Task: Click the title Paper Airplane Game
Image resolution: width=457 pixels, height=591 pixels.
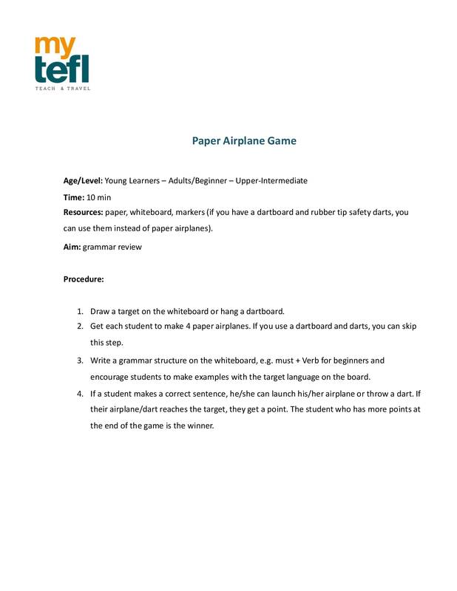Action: (x=244, y=140)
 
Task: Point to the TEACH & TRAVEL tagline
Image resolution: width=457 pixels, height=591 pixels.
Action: (x=62, y=89)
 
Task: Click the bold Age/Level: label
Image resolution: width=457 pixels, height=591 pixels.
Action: (x=82, y=180)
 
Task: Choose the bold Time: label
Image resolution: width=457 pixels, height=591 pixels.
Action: (x=73, y=197)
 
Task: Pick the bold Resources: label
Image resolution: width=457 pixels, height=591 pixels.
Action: (x=84, y=213)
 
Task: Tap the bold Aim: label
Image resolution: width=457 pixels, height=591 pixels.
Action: (x=72, y=247)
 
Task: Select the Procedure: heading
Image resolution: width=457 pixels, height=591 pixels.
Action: (x=84, y=280)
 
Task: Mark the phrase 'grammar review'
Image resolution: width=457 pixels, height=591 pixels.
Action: (x=112, y=247)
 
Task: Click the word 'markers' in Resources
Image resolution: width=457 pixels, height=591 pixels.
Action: (x=188, y=213)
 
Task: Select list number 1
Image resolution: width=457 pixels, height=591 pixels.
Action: (x=79, y=310)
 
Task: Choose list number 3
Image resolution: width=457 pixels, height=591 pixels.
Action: (x=79, y=361)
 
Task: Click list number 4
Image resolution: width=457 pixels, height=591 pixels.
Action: (x=79, y=394)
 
